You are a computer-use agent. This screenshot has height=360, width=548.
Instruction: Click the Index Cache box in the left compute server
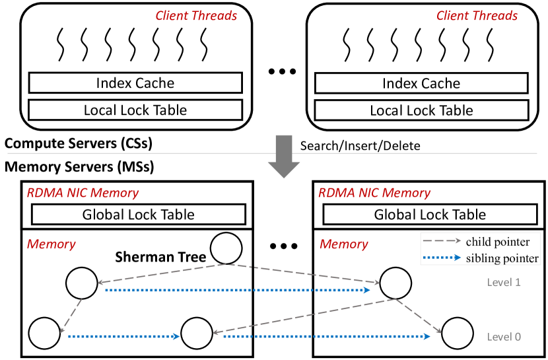(135, 83)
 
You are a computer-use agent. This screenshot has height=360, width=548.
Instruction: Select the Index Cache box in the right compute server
(421, 83)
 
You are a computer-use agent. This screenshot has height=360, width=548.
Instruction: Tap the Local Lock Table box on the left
(135, 110)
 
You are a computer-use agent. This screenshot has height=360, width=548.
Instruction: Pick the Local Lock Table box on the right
(421, 110)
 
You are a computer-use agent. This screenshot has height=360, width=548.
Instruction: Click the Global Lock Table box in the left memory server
(138, 214)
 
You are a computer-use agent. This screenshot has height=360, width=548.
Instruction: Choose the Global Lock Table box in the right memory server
(430, 214)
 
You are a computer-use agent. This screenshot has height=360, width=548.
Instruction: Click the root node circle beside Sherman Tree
(226, 248)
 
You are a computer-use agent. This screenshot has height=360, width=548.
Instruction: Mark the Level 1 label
(504, 282)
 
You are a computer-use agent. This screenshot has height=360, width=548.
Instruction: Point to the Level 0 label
(504, 336)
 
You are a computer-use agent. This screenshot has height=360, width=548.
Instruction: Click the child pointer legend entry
(479, 242)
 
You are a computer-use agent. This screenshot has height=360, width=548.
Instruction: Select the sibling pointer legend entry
(479, 258)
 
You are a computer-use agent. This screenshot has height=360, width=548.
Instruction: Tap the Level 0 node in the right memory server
(458, 334)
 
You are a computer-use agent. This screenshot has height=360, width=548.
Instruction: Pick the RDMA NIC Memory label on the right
(374, 193)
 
